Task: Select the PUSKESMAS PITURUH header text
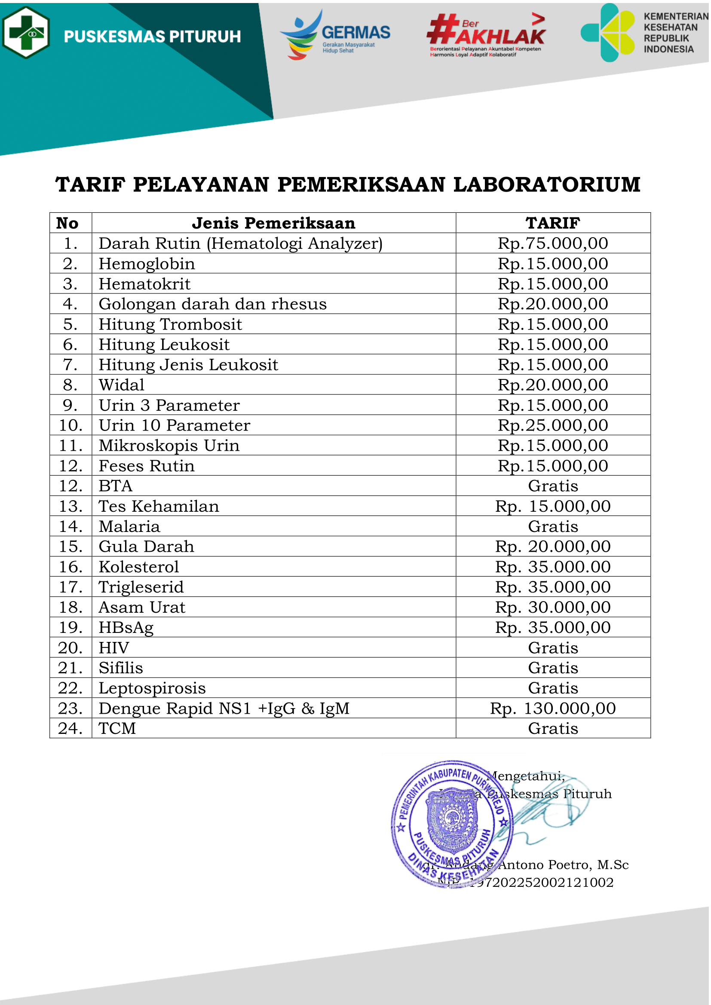(152, 37)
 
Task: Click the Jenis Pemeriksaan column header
(274, 223)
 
